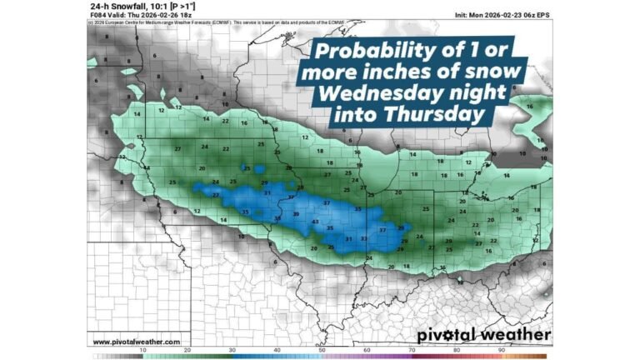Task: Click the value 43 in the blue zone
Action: pyautogui.click(x=314, y=222)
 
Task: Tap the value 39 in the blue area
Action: pyautogui.click(x=296, y=214)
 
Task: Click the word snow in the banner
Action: pyautogui.click(x=495, y=72)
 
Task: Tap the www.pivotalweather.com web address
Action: pyautogui.click(x=136, y=342)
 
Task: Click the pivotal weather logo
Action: pyautogui.click(x=483, y=335)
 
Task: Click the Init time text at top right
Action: pyautogui.click(x=502, y=15)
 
